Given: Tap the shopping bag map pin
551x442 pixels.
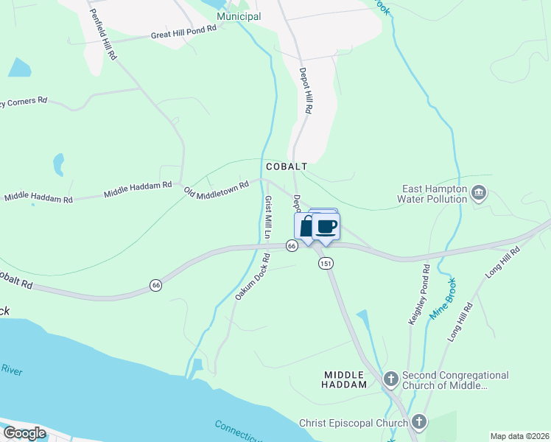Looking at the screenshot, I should point(304,227).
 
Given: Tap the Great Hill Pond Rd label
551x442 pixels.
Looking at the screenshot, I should point(183,32).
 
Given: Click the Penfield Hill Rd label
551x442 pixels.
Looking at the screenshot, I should point(102,35).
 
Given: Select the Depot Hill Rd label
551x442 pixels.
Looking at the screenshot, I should point(305,91).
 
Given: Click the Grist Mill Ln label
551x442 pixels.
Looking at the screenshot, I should point(269,218).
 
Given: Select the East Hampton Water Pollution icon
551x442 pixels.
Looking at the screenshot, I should point(480,194).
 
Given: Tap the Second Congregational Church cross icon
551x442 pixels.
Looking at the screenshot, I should point(390,380).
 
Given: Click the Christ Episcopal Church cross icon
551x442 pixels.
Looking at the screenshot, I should point(419,422).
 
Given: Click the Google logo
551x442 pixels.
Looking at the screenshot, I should point(24,433).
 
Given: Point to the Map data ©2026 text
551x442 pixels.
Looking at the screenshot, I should point(519,436).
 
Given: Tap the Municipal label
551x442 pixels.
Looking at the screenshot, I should point(239,16).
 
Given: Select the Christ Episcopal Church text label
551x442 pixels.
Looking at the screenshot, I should point(354,423).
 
